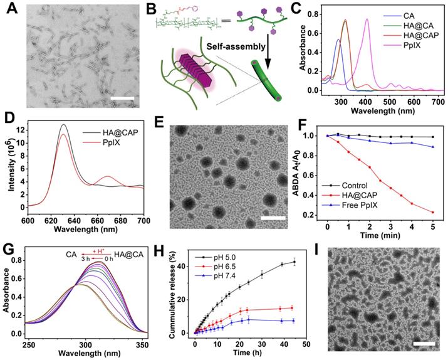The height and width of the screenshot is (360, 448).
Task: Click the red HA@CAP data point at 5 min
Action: pos(432,212)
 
